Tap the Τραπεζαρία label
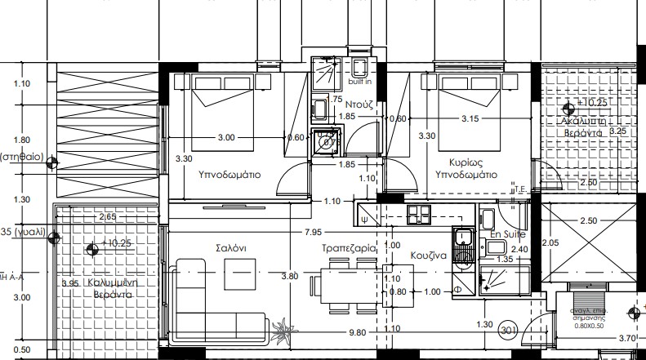[349, 247]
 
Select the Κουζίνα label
[428, 255]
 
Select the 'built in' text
[359, 82]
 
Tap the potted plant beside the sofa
[285, 330]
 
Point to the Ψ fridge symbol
[363, 218]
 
